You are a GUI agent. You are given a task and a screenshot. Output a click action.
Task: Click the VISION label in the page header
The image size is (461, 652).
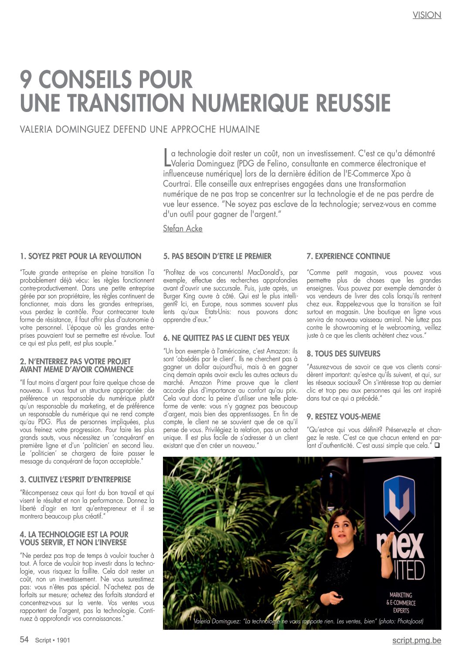pos(427,15)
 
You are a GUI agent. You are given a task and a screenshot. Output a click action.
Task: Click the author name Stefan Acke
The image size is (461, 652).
pos(183,228)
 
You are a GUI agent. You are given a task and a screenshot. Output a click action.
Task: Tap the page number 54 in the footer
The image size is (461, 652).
pos(24,639)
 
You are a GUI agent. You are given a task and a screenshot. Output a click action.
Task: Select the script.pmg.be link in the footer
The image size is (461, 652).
pos(416,640)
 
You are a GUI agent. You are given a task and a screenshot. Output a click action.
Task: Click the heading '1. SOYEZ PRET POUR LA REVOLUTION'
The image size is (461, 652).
pos(81,256)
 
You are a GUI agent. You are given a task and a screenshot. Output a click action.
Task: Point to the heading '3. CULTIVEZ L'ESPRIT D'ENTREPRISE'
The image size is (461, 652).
pos(75,479)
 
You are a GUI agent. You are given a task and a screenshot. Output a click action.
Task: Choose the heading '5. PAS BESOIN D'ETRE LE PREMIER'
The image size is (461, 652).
pos(217,256)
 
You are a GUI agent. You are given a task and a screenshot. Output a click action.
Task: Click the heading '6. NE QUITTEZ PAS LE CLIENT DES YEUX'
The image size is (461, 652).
pos(226,338)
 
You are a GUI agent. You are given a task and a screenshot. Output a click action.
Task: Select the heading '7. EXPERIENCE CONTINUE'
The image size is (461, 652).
pos(348,256)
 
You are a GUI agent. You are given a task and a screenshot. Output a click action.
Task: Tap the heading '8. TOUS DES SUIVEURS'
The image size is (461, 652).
pos(343,353)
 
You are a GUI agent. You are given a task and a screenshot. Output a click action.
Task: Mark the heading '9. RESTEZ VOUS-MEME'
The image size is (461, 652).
pos(343,416)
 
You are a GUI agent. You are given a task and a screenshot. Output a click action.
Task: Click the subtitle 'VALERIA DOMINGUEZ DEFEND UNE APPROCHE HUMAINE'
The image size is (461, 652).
pos(140,129)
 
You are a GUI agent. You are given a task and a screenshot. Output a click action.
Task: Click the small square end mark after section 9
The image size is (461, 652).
pos(437,445)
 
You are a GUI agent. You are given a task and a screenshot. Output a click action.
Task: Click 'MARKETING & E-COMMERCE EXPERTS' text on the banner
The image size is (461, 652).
pos(401,602)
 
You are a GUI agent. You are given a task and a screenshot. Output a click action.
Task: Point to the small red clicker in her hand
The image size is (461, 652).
pos(337,595)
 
